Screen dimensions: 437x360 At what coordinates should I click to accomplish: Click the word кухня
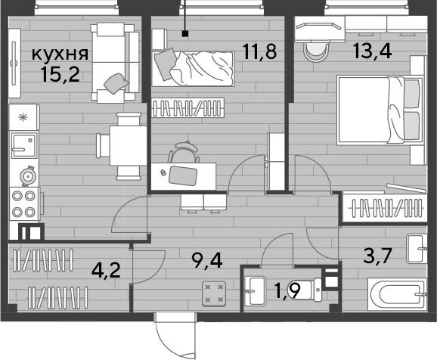click(60, 54)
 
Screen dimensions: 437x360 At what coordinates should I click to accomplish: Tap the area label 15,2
click(60, 74)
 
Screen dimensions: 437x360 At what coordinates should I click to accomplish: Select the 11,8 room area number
click(259, 51)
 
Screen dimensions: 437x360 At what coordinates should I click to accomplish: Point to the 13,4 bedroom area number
click(373, 51)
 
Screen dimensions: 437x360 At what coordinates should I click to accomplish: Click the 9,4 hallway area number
click(207, 261)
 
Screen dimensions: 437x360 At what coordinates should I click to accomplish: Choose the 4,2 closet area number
click(106, 270)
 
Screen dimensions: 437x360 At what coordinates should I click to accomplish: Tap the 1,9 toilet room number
click(287, 291)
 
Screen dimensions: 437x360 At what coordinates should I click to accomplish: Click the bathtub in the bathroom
click(398, 294)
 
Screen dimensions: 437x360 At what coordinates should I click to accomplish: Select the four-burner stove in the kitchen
click(24, 204)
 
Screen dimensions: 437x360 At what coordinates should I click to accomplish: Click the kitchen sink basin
click(24, 145)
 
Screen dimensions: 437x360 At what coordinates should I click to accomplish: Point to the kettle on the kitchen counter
click(28, 176)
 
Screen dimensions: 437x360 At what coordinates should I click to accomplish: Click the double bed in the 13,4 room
click(380, 110)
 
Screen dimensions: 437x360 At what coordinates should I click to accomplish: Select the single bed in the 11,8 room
click(193, 68)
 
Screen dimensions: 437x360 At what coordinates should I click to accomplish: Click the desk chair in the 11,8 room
click(184, 152)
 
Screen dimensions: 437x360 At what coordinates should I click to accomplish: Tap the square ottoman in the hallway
click(214, 294)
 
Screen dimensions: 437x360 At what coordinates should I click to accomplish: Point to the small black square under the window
click(184, 34)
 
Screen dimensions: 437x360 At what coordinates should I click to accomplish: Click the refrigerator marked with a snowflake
click(24, 117)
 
